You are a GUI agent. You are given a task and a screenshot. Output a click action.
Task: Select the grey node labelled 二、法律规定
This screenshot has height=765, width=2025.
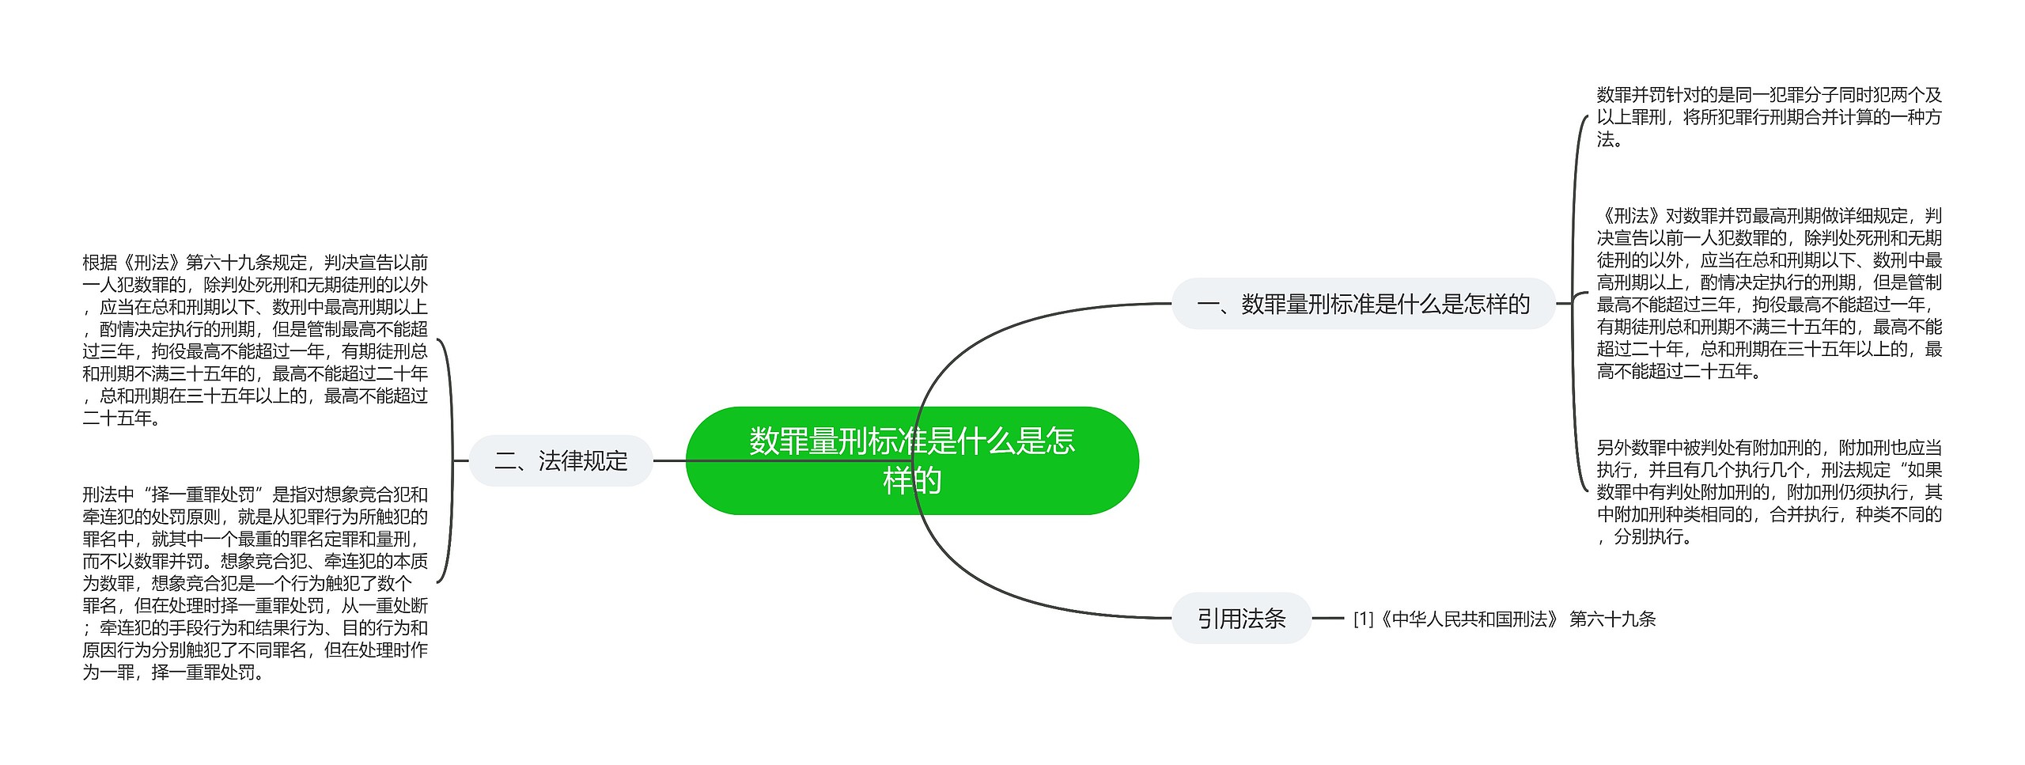pyautogui.click(x=561, y=460)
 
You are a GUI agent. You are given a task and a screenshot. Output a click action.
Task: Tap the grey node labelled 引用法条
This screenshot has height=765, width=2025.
pyautogui.click(x=1241, y=618)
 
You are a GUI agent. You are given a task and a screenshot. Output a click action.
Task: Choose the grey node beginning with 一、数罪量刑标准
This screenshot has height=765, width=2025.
pyautogui.click(x=1363, y=304)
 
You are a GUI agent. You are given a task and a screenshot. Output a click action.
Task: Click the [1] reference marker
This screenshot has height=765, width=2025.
pyautogui.click(x=1363, y=619)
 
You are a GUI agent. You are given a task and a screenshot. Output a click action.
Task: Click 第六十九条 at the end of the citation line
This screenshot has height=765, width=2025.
pyautogui.click(x=1612, y=619)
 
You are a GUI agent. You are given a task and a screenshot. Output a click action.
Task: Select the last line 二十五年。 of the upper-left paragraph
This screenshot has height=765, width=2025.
pyautogui.click(x=122, y=418)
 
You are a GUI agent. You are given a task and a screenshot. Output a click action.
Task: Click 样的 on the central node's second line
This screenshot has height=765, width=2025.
pyautogui.click(x=911, y=480)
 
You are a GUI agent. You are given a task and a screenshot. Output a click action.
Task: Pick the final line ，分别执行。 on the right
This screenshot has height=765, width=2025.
pyautogui.click(x=1645, y=537)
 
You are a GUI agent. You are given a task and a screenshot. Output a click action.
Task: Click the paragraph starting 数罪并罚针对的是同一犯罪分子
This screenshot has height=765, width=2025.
pyautogui.click(x=1769, y=118)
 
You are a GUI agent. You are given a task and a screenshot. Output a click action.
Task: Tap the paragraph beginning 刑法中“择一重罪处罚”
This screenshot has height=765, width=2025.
pyautogui.click(x=255, y=583)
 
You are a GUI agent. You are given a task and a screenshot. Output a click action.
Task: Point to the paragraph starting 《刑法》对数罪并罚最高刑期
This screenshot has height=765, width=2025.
pyautogui.click(x=1769, y=294)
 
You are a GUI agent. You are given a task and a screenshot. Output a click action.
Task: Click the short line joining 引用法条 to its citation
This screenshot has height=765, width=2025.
pyautogui.click(x=1328, y=618)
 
